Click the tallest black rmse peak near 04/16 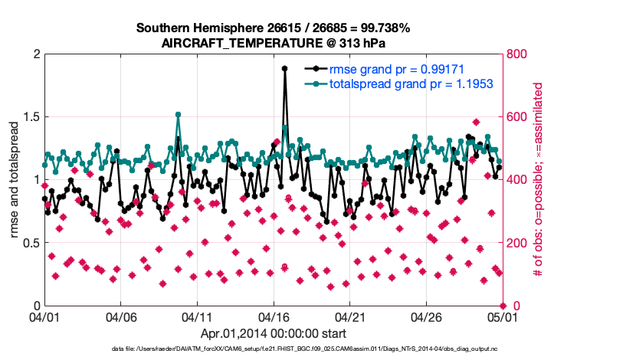tap(284, 68)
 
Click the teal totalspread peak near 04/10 tap(178, 115)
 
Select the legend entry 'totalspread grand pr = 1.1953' tap(410, 83)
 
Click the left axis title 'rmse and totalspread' tap(15, 180)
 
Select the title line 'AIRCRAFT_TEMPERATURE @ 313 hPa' tap(273, 43)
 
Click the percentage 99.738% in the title tap(383, 28)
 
